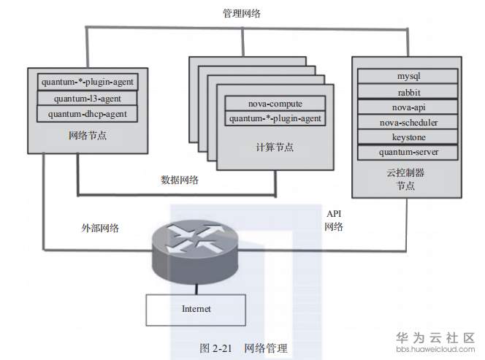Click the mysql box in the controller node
(408, 76)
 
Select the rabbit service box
(408, 91)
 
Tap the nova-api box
(408, 107)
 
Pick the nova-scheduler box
(408, 122)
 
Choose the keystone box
(408, 137)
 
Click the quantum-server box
(408, 153)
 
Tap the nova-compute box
(275, 104)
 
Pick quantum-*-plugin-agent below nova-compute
(275, 118)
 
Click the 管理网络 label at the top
(243, 14)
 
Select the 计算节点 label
(275, 147)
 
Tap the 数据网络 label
(180, 180)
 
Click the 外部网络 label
(100, 228)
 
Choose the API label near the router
(334, 213)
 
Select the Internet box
(196, 309)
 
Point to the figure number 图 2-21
(216, 348)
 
